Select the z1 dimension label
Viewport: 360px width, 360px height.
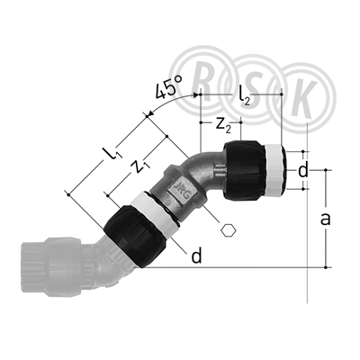tap(142, 166)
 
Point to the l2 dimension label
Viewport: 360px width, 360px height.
tap(245, 94)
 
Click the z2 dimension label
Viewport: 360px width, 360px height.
tap(223, 125)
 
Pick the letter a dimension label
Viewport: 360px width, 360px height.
tap(326, 219)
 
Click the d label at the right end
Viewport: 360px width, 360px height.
tap(303, 171)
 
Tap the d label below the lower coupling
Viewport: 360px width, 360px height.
tap(196, 256)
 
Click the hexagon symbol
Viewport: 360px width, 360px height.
tap(229, 230)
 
